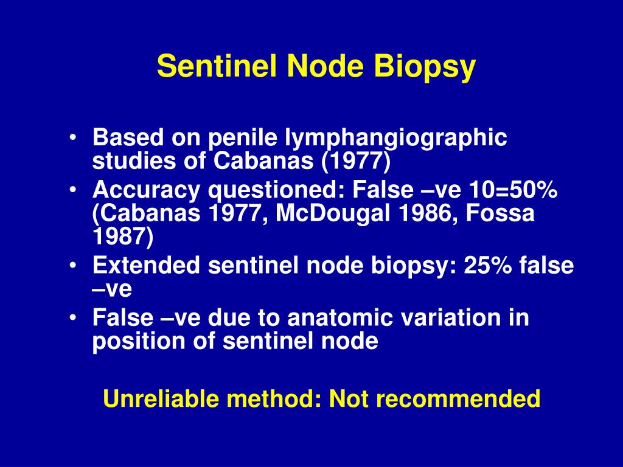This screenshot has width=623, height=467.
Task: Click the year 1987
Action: click(x=123, y=237)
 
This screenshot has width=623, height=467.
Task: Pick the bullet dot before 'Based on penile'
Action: click(x=73, y=139)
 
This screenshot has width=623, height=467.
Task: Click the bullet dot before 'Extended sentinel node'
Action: click(x=73, y=266)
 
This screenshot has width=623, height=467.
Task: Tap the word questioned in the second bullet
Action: click(x=273, y=191)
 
